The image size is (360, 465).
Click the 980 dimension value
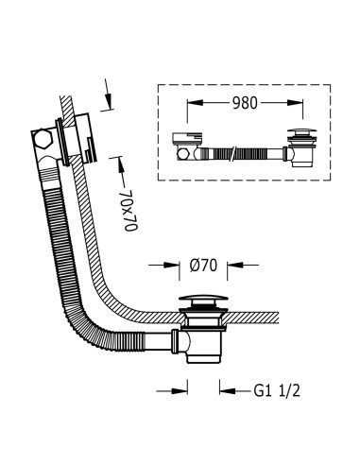[245, 103]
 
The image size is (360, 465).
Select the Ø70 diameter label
[203, 266]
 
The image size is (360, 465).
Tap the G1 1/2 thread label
[277, 391]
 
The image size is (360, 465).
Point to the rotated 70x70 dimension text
[130, 210]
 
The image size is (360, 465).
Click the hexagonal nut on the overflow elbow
[42, 139]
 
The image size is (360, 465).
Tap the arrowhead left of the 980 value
[195, 103]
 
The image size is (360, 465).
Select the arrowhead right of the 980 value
[295, 103]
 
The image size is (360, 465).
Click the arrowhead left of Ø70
[172, 266]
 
